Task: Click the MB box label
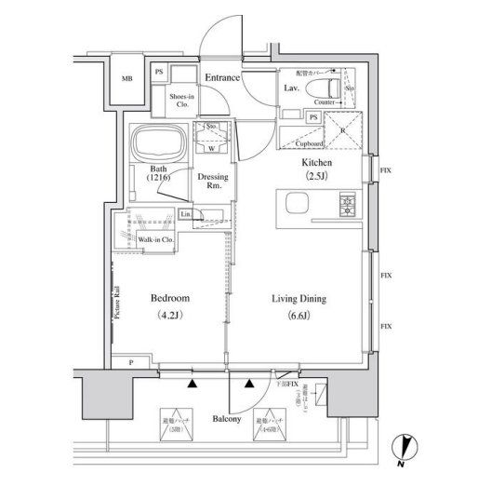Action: pos(128,80)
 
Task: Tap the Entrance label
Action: pos(222,78)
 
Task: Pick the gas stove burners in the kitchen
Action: pos(347,202)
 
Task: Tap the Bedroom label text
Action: pos(170,299)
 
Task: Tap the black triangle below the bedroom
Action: pos(192,383)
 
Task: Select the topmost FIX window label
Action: pos(384,170)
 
